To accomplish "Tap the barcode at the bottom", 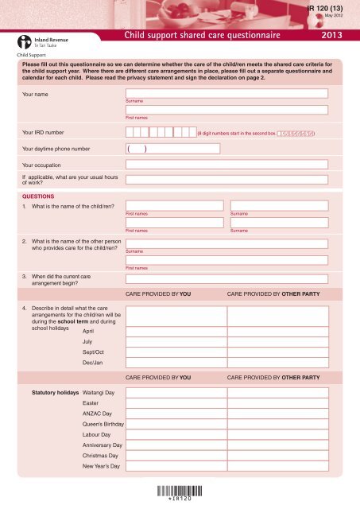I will (180, 491).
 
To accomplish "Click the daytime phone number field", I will (226, 148).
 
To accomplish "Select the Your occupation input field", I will (226, 165).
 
